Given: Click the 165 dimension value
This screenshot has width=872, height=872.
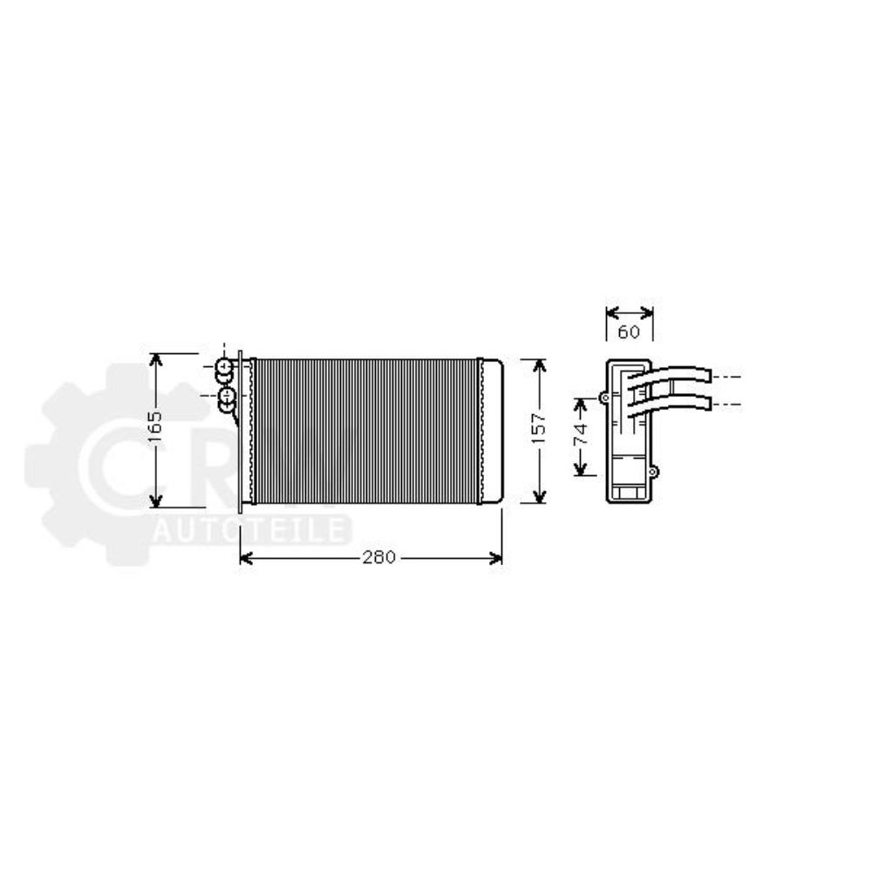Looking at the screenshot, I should pyautogui.click(x=154, y=429).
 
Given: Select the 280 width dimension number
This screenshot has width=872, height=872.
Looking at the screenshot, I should pyautogui.click(x=380, y=558).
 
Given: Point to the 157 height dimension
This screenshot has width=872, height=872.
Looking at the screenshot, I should pyautogui.click(x=539, y=430).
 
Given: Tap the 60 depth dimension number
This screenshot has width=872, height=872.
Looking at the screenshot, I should pyautogui.click(x=630, y=331).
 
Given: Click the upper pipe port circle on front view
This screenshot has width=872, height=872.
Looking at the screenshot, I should pyautogui.click(x=225, y=366).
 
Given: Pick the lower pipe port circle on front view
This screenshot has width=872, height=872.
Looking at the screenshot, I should pyautogui.click(x=227, y=398).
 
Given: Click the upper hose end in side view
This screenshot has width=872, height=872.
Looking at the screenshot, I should pyautogui.click(x=705, y=375).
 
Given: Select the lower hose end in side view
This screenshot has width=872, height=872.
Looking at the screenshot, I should pyautogui.click(x=705, y=402).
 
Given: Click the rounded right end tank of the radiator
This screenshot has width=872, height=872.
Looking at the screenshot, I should pyautogui.click(x=492, y=430).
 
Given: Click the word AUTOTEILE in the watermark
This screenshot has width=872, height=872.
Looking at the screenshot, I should pyautogui.click(x=252, y=529).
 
